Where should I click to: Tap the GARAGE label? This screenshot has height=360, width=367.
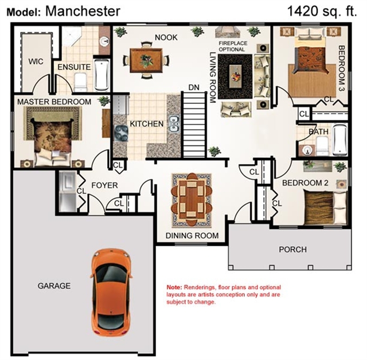pos(54,286)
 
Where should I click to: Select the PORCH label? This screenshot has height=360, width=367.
pos(292,249)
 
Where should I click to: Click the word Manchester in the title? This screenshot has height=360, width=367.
pos(83,11)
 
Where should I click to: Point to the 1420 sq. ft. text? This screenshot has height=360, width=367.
pos(322,11)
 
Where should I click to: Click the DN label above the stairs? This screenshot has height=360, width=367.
pos(194,87)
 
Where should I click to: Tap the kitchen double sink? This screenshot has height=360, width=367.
pos(173,123)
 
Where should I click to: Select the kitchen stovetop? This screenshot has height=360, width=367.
pos(121,133)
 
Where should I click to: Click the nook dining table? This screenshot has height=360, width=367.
pos(146,60)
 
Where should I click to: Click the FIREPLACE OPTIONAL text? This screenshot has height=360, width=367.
pos(233,47)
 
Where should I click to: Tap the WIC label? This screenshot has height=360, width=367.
pos(36,61)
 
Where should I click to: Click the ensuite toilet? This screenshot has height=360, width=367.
pos(80,82)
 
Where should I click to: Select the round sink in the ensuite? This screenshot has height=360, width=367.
pos(104,41)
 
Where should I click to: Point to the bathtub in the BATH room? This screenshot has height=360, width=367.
pos(340,140)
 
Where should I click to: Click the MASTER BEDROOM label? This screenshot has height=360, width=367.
pos(54,102)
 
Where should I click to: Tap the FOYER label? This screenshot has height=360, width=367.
pos(104,185)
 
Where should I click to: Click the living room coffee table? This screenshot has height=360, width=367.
pos(235,76)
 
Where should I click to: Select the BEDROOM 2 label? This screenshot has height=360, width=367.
pos(305,183)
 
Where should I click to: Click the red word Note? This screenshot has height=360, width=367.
pos(174,287)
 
